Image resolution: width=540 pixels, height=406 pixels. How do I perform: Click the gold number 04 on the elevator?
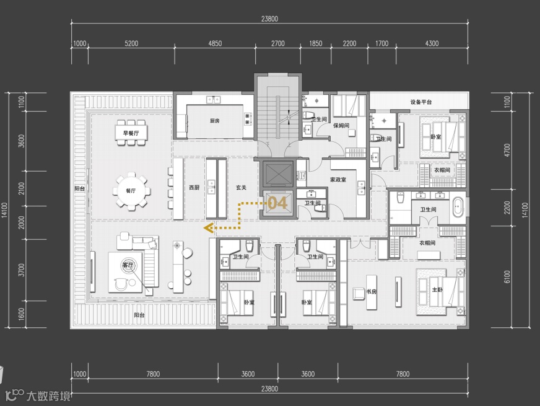tap(277, 203)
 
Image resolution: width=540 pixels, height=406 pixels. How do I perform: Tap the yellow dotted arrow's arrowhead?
tap(207, 228)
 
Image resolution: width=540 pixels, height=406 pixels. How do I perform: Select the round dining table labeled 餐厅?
tap(131, 190)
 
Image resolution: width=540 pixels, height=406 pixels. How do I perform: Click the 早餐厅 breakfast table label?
tap(131, 133)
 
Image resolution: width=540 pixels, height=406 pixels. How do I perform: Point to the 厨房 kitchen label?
tap(214, 121)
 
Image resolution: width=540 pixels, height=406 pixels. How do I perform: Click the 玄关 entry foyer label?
tap(241, 187)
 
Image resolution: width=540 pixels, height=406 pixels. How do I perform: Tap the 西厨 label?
tap(194, 187)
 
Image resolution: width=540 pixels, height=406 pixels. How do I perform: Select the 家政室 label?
tap(338, 180)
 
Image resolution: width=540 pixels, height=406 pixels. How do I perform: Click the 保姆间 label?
tap(341, 125)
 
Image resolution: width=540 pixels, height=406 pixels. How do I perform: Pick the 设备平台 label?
tap(421, 102)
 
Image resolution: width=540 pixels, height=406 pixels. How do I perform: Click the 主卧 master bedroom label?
tap(437, 290)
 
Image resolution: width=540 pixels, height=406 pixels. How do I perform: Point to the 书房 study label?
tap(372, 291)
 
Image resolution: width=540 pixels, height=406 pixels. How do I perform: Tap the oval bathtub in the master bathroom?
tap(458, 207)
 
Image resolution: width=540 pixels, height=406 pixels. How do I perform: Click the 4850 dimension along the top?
tap(215, 43)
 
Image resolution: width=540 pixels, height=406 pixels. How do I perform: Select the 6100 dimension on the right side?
tap(507, 276)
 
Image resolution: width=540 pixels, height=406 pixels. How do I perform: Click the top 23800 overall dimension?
tap(269, 19)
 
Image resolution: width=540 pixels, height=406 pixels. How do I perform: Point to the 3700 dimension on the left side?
tap(22, 270)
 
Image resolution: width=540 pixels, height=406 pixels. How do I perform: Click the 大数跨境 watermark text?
tap(48, 396)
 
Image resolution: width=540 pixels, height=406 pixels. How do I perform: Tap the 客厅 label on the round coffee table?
tap(128, 265)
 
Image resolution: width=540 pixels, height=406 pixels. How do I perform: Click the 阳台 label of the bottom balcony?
tap(139, 315)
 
